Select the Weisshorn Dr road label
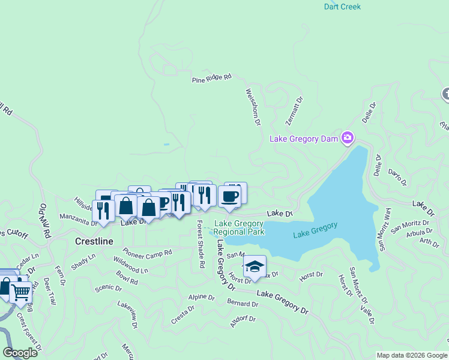coord(253,107)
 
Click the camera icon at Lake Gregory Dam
coord(347,139)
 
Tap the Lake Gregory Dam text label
coord(304,139)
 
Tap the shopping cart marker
coord(22,292)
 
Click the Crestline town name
coord(94,241)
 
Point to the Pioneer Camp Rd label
coord(147,251)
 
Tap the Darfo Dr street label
coord(398,178)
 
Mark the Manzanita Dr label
coord(78,219)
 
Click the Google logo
coord(20,353)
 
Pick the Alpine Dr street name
coord(201,297)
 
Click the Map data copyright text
coord(412,355)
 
